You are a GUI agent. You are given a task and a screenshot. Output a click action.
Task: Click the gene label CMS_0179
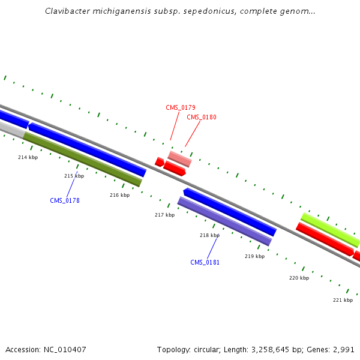[x=181, y=108]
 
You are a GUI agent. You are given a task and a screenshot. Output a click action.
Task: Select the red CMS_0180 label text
[x=202, y=118]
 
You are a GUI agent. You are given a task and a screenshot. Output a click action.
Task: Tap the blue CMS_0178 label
[x=65, y=201]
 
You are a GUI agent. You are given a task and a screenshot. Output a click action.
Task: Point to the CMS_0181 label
[x=205, y=263]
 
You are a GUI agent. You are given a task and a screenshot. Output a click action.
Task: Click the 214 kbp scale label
[x=28, y=157]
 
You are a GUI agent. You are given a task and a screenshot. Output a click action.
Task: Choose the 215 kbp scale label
[x=74, y=176]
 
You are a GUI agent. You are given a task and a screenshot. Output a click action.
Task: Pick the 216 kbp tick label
[x=119, y=195]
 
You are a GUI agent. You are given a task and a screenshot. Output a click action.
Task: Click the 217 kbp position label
[x=164, y=215]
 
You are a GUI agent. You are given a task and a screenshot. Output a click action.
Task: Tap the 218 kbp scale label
[x=209, y=235]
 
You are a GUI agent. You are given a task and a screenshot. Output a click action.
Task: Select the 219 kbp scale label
[x=254, y=256]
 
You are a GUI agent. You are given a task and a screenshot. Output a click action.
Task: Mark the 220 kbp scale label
[x=299, y=278]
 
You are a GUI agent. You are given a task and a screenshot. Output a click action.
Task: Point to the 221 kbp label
[x=343, y=300]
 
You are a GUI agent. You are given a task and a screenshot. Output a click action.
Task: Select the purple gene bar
[x=225, y=221]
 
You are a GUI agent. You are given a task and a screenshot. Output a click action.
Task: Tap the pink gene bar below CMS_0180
[x=179, y=159]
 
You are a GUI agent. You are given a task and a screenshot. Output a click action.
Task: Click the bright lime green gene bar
[x=330, y=230]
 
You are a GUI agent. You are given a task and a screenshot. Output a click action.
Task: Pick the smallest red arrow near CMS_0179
[x=160, y=162]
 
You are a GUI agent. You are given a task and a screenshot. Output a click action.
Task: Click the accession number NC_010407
[x=65, y=349]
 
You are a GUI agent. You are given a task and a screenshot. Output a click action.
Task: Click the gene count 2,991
[x=343, y=349]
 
